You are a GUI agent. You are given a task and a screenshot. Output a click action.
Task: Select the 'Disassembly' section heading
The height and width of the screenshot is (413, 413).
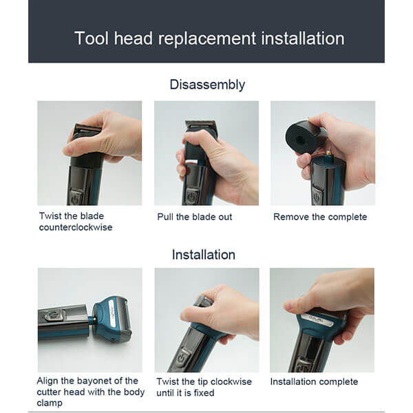[207, 85]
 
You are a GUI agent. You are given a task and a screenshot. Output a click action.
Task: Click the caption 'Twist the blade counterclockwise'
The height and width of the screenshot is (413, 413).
[76, 222]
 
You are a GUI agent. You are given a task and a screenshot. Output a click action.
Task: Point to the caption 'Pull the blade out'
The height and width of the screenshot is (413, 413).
[195, 217]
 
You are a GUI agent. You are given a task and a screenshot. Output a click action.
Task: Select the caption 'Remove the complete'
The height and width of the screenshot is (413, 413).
[320, 217]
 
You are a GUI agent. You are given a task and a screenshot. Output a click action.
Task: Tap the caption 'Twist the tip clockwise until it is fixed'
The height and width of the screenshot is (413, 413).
[204, 387]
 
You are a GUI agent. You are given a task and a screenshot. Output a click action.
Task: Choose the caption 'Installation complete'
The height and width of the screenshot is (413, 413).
[314, 381]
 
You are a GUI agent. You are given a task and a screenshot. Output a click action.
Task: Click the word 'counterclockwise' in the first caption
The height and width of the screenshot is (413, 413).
[76, 227]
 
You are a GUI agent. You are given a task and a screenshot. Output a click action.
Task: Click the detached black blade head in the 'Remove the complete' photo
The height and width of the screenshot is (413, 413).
[305, 136]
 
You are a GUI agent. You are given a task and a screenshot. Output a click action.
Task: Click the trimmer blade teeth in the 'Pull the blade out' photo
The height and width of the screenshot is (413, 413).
[202, 125]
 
